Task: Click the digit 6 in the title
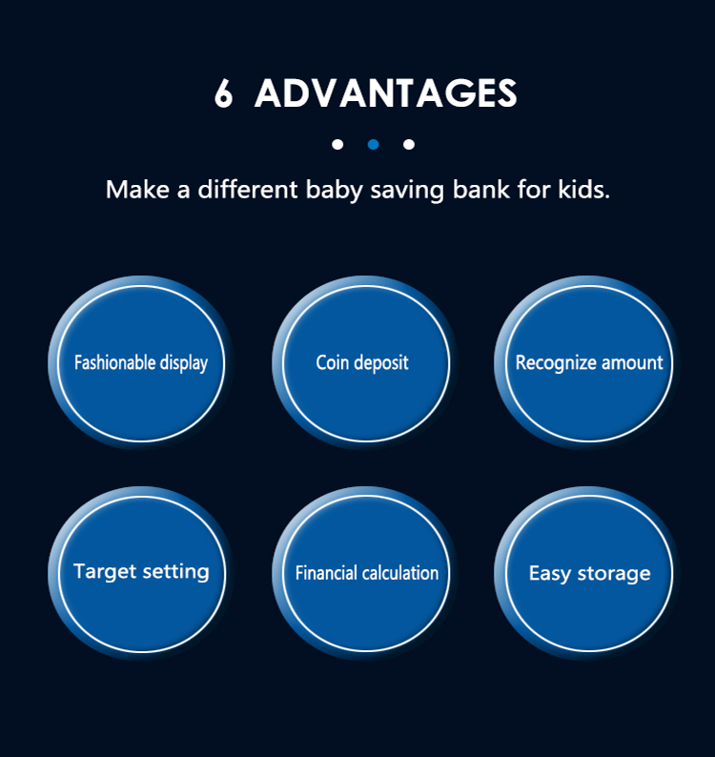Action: (x=223, y=92)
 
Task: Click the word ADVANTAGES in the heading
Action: (x=386, y=92)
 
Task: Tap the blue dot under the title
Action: (x=373, y=144)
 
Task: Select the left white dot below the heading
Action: (x=337, y=144)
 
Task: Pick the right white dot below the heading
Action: (x=408, y=144)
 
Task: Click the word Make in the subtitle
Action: (x=137, y=189)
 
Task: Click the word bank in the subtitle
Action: (x=480, y=189)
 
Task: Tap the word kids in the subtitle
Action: (x=583, y=189)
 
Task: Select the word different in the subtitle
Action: (x=248, y=189)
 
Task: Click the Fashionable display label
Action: (x=141, y=363)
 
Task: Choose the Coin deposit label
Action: (x=362, y=363)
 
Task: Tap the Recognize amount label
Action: (x=589, y=363)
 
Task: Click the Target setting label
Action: (x=141, y=572)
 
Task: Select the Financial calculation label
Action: (x=367, y=573)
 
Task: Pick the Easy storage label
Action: (x=589, y=574)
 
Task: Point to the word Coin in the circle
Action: (x=332, y=362)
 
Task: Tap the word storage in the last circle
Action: (x=614, y=575)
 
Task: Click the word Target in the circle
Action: (x=105, y=572)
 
